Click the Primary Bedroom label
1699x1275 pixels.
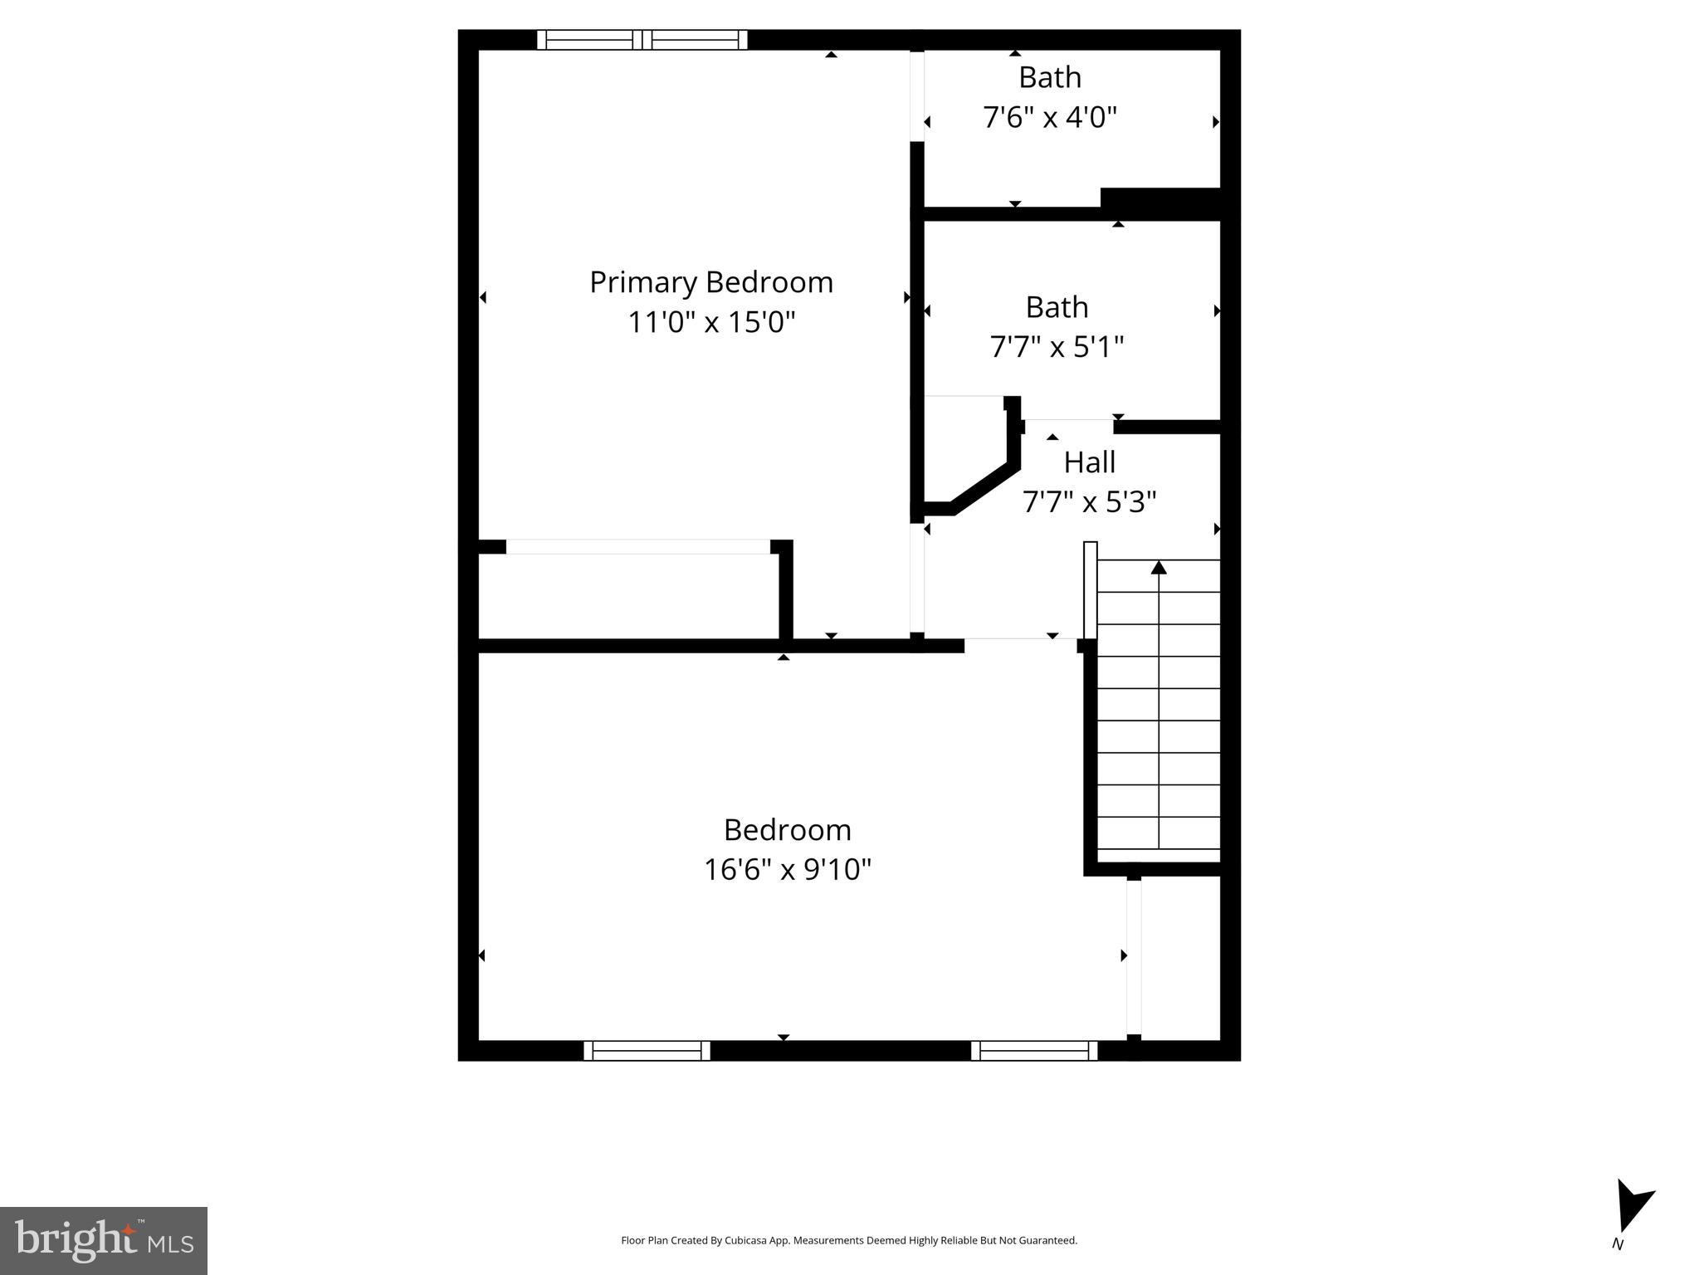(710, 282)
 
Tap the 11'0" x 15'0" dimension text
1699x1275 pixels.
(710, 322)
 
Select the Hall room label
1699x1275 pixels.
(1089, 462)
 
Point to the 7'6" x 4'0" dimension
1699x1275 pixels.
(1050, 117)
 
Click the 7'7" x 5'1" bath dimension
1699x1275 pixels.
(1057, 346)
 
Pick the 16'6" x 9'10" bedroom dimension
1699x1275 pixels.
(787, 869)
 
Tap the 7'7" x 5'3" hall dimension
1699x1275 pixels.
(1089, 502)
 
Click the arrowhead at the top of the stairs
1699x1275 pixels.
(1159, 568)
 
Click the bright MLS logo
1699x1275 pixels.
(104, 1240)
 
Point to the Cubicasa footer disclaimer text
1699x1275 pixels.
(849, 1240)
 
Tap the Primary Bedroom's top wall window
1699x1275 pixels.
(642, 40)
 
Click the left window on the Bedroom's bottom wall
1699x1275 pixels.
(647, 1050)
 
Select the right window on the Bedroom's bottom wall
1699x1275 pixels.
(1034, 1050)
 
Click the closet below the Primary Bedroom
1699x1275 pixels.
(628, 596)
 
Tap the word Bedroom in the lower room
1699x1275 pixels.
(787, 830)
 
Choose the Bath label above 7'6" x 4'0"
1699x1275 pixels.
(1050, 77)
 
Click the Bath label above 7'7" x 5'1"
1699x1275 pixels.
(1057, 307)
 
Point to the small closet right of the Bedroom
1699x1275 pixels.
(1180, 957)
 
